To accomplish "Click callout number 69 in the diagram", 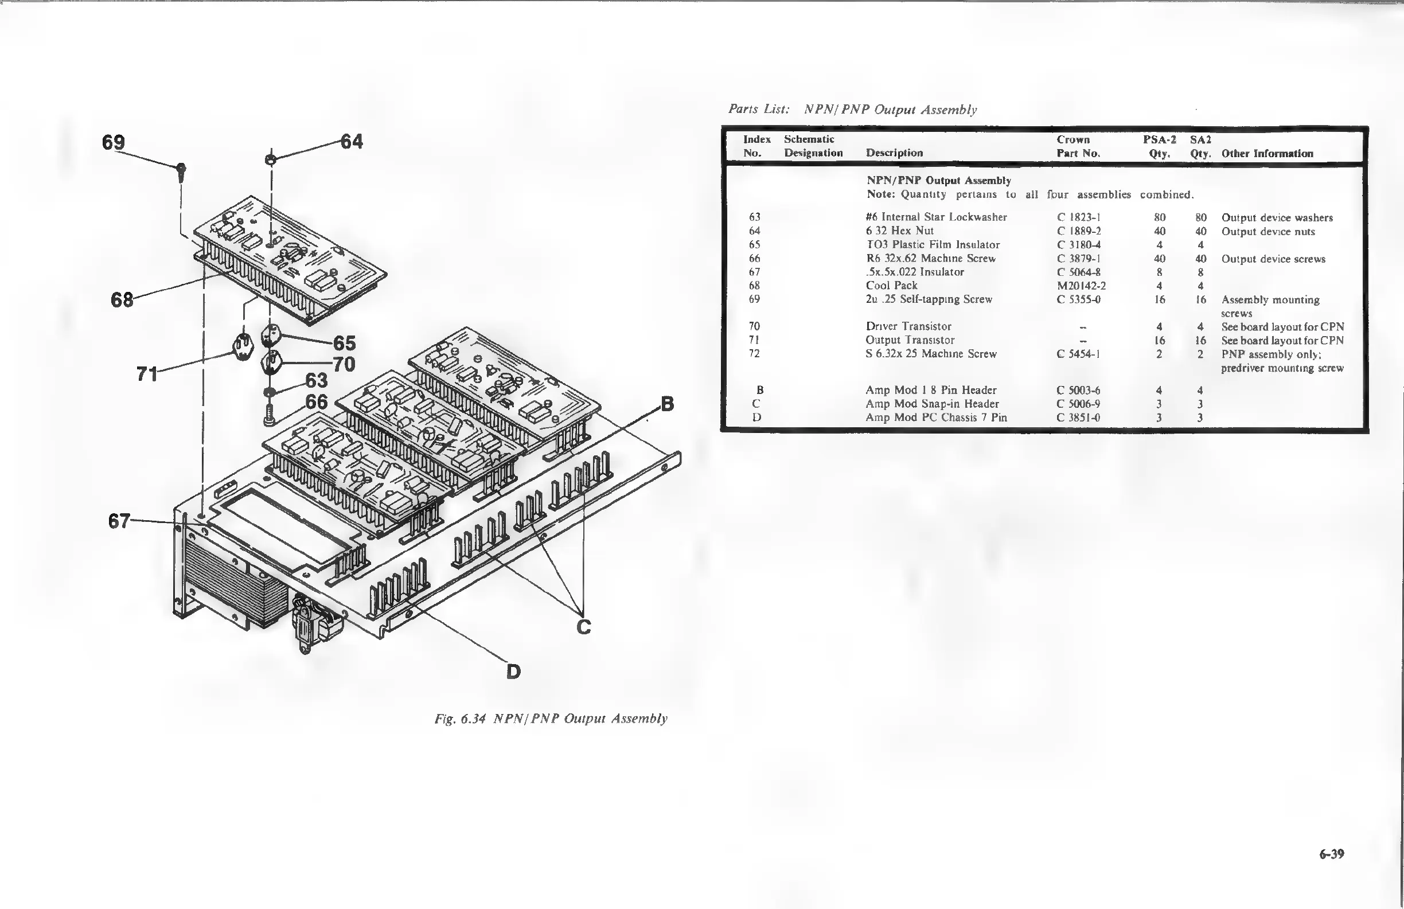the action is (x=113, y=142).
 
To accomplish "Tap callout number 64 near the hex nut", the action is (x=352, y=142).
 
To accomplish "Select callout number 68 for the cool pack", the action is (x=122, y=300).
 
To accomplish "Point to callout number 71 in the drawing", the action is (x=147, y=373).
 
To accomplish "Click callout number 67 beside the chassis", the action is (x=119, y=521).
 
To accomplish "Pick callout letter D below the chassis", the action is (x=513, y=671).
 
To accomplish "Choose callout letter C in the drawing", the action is (x=583, y=626).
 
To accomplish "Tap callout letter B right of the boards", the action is (x=666, y=404).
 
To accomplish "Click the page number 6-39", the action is (x=1331, y=853).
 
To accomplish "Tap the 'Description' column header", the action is (x=894, y=153).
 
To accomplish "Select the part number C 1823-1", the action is (x=1078, y=217).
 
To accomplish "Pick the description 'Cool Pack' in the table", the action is (x=891, y=286).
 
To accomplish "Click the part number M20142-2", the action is (x=1081, y=286).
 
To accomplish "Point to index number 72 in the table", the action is (x=754, y=353).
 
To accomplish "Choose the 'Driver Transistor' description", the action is (x=908, y=326).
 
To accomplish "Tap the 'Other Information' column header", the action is (x=1267, y=153).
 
